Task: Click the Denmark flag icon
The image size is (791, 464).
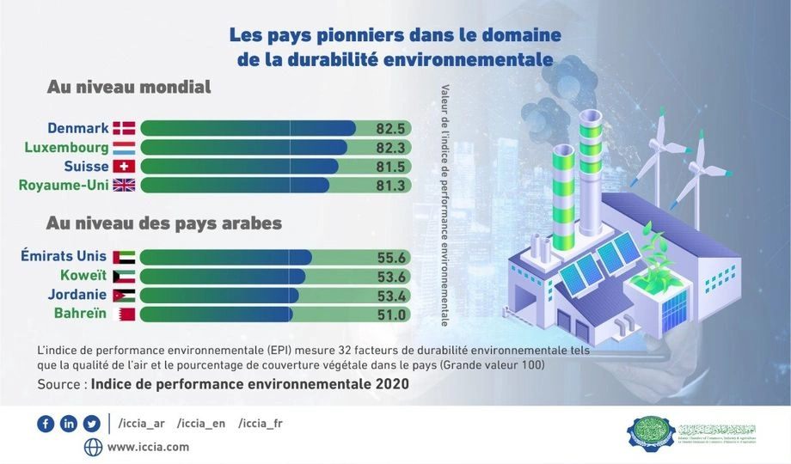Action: coord(125,128)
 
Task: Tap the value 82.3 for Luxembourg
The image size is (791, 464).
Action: coord(390,147)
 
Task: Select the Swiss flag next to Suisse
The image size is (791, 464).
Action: coord(125,166)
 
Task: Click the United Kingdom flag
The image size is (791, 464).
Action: coord(125,185)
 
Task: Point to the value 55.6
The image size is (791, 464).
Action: coord(390,258)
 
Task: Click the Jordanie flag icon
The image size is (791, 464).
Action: coord(125,295)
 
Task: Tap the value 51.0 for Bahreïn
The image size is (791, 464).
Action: coord(390,314)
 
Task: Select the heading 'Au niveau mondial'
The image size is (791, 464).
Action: coord(129,87)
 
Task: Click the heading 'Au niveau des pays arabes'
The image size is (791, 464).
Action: coord(164,223)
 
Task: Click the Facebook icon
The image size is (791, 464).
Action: coord(46,424)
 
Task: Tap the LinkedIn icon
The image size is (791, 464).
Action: coord(69,424)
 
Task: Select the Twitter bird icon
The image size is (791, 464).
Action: coord(91,424)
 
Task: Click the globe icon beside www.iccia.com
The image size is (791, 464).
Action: coord(93,447)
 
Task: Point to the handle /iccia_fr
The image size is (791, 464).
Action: coord(260,424)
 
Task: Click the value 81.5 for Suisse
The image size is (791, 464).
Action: coord(390,166)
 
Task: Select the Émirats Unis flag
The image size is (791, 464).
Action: coord(125,257)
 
